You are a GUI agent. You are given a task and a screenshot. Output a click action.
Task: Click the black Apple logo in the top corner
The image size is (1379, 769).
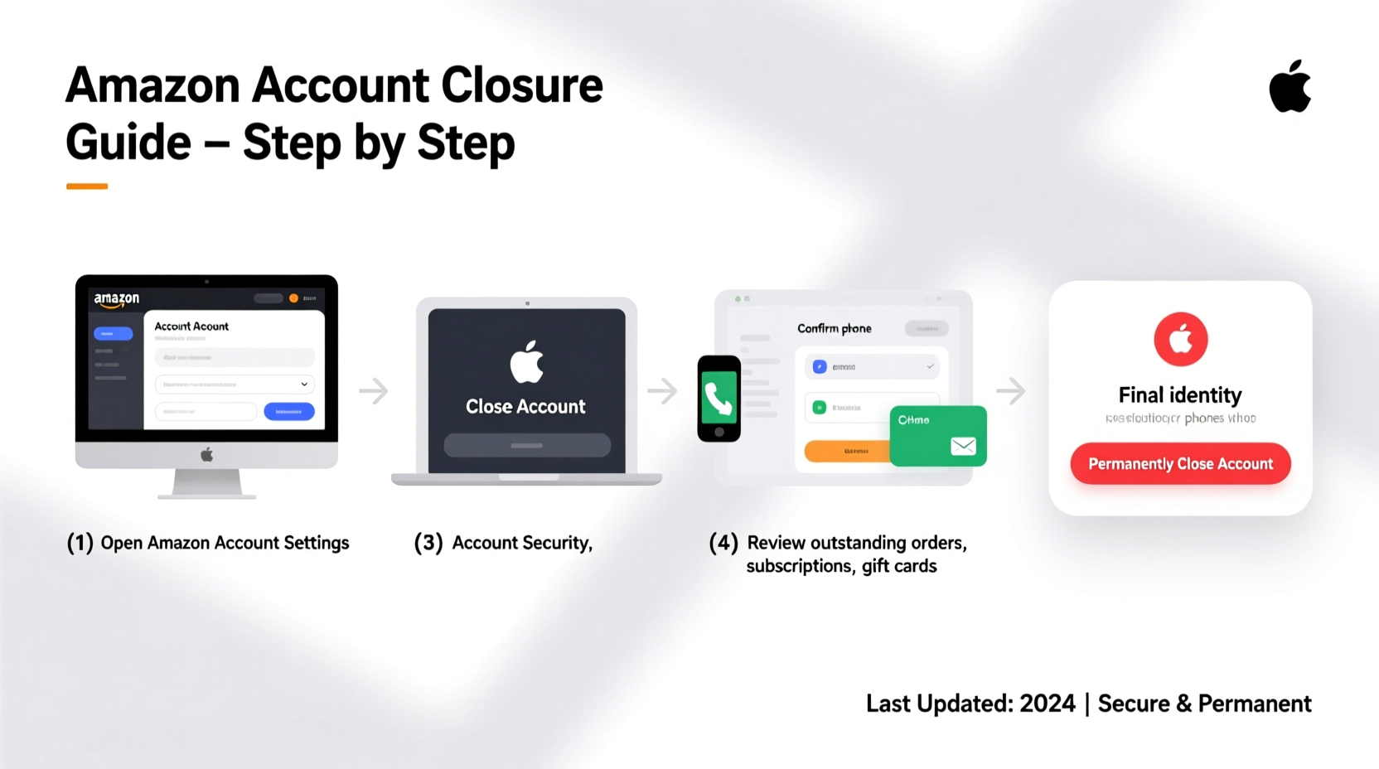(x=1289, y=87)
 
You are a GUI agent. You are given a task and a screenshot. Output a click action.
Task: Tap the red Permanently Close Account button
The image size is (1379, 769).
(x=1180, y=464)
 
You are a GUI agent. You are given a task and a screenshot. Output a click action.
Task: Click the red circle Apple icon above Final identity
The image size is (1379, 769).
(x=1180, y=339)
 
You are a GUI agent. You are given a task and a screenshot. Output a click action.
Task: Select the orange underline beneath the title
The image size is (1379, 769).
(x=87, y=186)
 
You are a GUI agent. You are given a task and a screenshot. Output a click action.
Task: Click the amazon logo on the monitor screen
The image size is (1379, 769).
(x=117, y=299)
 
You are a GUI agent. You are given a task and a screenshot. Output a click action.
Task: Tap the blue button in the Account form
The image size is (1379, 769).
(x=288, y=411)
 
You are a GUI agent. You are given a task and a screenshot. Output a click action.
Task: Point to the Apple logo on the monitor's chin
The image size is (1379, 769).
(x=206, y=454)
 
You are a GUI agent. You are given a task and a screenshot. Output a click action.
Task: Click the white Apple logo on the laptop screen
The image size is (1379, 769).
(x=526, y=362)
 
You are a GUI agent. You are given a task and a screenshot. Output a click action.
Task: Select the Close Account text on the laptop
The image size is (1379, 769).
(x=525, y=407)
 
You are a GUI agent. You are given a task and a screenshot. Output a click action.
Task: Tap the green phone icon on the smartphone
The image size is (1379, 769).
(x=719, y=398)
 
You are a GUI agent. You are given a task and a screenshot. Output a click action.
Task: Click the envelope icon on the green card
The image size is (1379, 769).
(x=963, y=447)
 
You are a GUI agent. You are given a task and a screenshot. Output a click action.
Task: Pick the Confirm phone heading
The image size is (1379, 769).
(x=834, y=329)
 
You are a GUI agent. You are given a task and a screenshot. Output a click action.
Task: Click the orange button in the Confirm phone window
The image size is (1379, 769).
(x=846, y=451)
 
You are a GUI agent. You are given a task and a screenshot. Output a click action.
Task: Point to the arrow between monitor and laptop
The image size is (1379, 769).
(x=374, y=390)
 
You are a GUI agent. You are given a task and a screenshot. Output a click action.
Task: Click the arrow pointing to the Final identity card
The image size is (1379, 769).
(x=1011, y=390)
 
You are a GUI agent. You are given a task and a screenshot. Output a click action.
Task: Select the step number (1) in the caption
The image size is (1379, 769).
(x=80, y=543)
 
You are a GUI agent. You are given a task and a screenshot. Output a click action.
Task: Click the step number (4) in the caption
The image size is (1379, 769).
(x=723, y=543)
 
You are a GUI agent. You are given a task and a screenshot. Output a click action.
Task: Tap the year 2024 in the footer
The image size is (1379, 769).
(x=1047, y=704)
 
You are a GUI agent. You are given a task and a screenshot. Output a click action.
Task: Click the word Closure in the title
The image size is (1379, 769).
(x=521, y=85)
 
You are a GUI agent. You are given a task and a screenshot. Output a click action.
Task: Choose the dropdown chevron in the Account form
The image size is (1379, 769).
(x=304, y=384)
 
